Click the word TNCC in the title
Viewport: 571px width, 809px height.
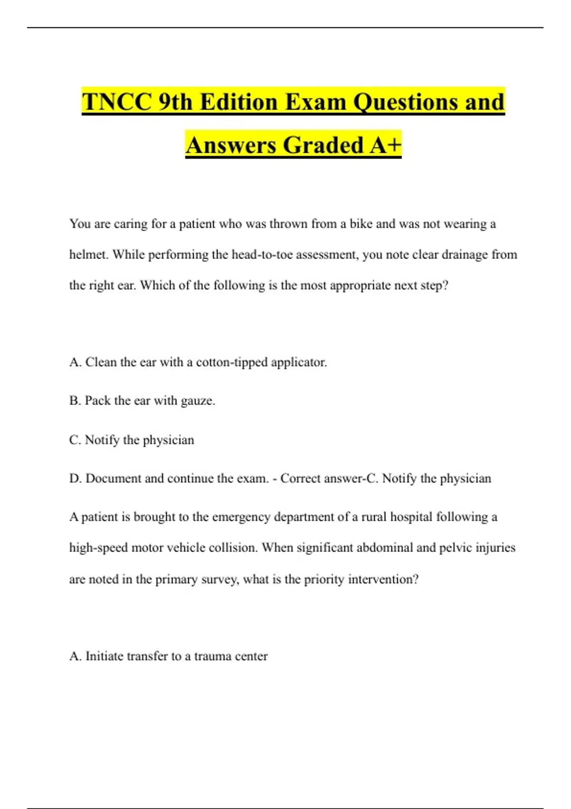(x=117, y=102)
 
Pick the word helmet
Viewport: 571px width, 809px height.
(x=89, y=255)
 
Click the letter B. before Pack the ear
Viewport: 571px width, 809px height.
(x=75, y=401)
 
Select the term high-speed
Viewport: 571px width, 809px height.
(x=98, y=548)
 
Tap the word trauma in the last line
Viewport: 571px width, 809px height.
(x=211, y=656)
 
